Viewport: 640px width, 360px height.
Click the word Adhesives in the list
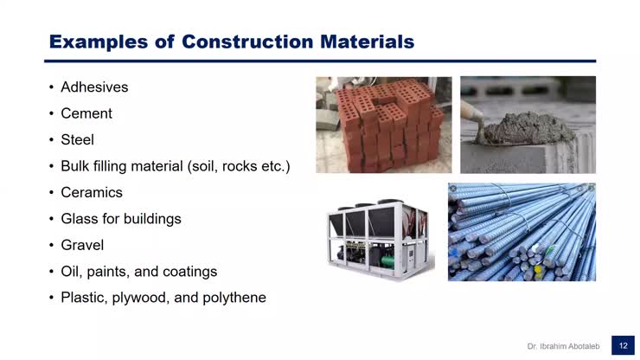pyautogui.click(x=94, y=87)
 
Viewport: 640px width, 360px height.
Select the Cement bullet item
pyautogui.click(x=86, y=113)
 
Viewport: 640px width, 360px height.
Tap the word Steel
pyautogui.click(x=77, y=139)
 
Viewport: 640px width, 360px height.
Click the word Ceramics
pyautogui.click(x=92, y=192)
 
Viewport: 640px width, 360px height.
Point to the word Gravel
pyautogui.click(x=82, y=245)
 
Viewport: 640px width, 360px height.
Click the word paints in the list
pyautogui.click(x=108, y=272)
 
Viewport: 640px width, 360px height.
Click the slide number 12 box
pyautogui.click(x=623, y=345)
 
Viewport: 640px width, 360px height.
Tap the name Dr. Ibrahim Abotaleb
pyautogui.click(x=563, y=346)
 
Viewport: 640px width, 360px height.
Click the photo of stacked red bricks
pyautogui.click(x=383, y=124)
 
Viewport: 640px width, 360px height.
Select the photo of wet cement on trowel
pyautogui.click(x=528, y=124)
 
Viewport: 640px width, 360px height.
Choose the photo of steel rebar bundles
pyautogui.click(x=522, y=232)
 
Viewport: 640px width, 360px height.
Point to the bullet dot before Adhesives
pyautogui.click(x=52, y=88)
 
